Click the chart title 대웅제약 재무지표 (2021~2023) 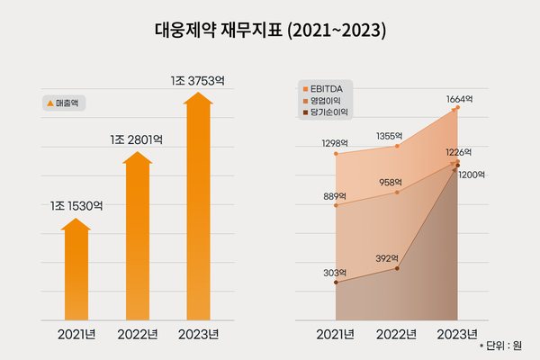point(270,30)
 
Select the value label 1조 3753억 point(198,80)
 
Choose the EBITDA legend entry point(325,89)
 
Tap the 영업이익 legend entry point(325,102)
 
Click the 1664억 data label point(459,97)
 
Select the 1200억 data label point(472,176)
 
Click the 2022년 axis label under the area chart point(397,335)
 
